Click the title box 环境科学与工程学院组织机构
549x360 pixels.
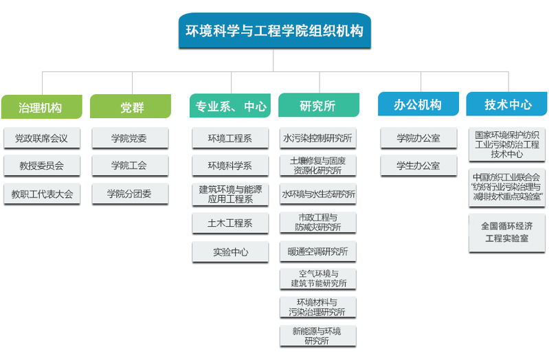point(275,31)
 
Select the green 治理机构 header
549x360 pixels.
point(42,106)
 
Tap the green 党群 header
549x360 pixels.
point(131,106)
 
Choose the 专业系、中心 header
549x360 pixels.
point(230,105)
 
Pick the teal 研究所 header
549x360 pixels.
point(319,105)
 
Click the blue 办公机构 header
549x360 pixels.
point(418,104)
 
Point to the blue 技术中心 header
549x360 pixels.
point(506,104)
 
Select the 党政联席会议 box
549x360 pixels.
point(42,138)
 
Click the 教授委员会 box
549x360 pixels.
point(42,166)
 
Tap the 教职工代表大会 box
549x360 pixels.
point(42,194)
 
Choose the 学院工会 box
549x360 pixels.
point(131,166)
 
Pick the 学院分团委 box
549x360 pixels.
point(131,194)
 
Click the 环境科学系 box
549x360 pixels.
point(230,166)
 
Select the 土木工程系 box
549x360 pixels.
point(230,223)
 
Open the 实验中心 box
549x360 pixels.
point(230,251)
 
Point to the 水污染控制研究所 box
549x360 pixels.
point(318,138)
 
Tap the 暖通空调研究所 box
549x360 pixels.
point(318,251)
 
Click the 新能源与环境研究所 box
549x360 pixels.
point(318,336)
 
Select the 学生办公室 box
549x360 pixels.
point(418,166)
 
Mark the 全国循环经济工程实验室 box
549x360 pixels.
point(507,233)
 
